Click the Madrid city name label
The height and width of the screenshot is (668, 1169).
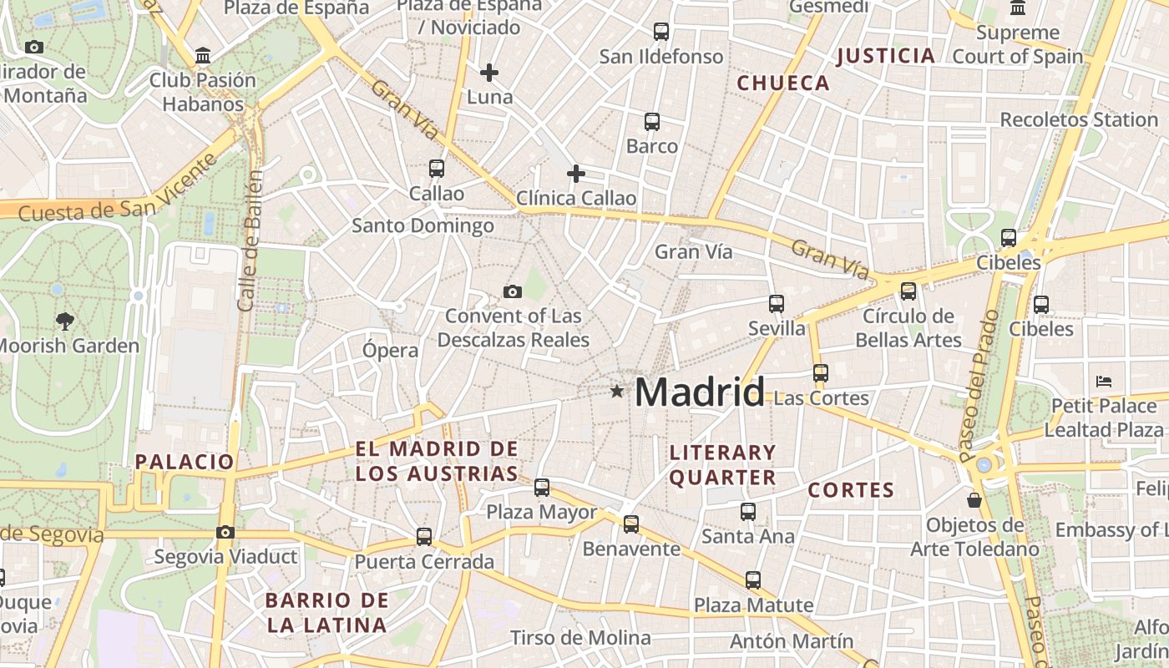click(700, 392)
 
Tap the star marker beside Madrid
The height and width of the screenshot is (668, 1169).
click(617, 391)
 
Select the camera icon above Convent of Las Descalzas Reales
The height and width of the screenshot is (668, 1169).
click(513, 291)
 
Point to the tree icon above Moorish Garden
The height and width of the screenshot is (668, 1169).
click(64, 321)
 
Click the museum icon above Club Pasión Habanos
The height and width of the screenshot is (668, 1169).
click(202, 56)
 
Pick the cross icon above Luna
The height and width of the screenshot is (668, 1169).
click(489, 73)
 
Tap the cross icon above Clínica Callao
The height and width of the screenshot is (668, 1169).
click(576, 174)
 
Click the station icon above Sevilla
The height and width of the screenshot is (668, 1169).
click(777, 303)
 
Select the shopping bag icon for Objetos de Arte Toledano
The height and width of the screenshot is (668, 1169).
click(974, 500)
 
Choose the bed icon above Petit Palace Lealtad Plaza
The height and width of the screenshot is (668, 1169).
click(1104, 382)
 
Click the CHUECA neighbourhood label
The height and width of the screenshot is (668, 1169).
click(783, 83)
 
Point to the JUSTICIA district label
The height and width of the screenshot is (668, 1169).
click(885, 56)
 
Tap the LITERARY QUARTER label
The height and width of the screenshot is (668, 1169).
click(723, 465)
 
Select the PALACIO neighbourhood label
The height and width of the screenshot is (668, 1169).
click(185, 462)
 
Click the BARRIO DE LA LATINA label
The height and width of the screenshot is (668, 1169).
click(326, 612)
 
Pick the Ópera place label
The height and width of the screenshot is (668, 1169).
click(390, 351)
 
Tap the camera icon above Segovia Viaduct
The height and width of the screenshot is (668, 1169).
click(225, 532)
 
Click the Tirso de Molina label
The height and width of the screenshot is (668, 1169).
click(579, 638)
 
